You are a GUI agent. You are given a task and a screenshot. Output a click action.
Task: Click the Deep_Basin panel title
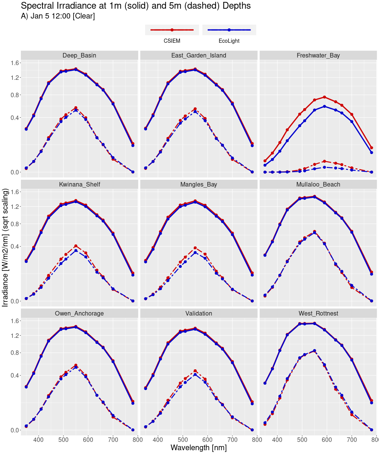click(x=79, y=56)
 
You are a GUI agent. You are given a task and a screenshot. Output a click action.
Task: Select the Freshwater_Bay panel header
click(x=318, y=56)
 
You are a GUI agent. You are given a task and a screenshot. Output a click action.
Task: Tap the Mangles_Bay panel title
click(x=199, y=185)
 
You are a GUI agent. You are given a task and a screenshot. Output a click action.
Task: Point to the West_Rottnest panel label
click(x=318, y=314)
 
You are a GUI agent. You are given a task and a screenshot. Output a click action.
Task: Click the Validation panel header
click(x=199, y=314)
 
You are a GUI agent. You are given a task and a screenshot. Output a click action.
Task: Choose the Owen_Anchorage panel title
click(x=79, y=314)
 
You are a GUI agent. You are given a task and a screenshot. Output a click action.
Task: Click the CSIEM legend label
click(x=172, y=41)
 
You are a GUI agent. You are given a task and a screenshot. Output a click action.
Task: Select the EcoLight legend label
click(x=229, y=41)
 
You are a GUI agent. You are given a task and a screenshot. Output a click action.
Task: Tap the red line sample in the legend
click(x=172, y=30)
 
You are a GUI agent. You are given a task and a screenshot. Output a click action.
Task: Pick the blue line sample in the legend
click(x=229, y=30)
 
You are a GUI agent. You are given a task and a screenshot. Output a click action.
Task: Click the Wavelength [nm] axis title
click(x=199, y=448)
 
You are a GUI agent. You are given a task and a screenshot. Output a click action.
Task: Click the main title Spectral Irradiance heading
click(x=136, y=6)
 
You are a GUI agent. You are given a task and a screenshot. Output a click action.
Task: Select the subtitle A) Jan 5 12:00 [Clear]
click(x=58, y=16)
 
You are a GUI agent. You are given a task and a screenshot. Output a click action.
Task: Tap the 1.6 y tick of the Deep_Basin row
click(x=14, y=63)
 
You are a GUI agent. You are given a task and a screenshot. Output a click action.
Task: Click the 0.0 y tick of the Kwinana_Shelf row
click(x=14, y=301)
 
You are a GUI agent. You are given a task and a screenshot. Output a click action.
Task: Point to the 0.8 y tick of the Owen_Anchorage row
click(x=14, y=353)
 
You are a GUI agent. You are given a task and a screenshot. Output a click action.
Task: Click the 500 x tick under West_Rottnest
click(x=302, y=439)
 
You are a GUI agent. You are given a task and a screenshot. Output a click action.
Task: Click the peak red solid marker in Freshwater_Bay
click(x=324, y=97)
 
